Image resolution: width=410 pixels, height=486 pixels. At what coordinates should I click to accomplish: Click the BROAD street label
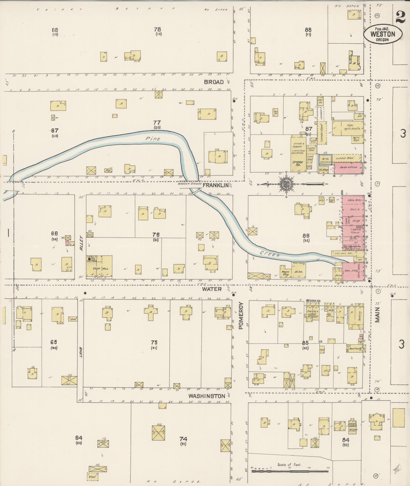click(214, 82)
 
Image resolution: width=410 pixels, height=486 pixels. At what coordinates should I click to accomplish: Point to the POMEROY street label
click(241, 316)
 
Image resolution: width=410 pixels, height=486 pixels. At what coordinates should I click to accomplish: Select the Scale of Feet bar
click(290, 471)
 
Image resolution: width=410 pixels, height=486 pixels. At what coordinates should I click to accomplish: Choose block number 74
click(183, 439)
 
